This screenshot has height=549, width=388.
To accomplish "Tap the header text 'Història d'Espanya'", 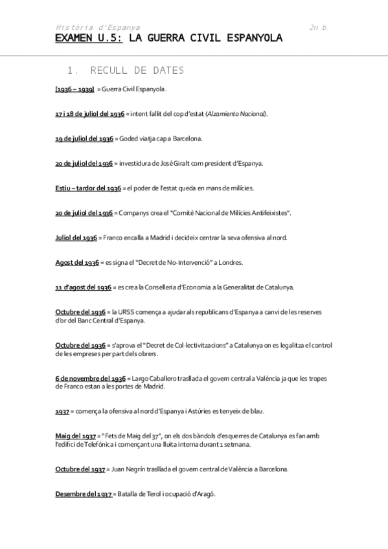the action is point(97,28).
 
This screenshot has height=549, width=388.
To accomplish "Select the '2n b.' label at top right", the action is point(320,28).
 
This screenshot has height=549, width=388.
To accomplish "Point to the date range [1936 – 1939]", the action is point(74,89).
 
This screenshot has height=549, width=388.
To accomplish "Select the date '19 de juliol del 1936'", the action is point(84,138).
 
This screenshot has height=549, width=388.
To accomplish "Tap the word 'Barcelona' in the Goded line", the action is point(185,138).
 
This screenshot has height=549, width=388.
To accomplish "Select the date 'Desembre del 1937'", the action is point(84,494).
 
